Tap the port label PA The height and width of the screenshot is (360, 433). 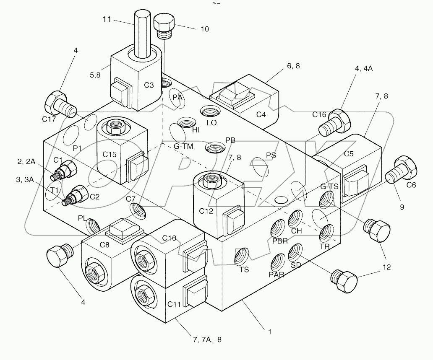[178, 97]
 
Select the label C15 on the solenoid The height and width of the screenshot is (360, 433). [110, 154]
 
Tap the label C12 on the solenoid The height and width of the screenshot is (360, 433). [206, 211]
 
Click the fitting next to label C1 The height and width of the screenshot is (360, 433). [66, 171]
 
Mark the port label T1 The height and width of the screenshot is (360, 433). [55, 190]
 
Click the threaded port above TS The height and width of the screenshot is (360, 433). [243, 256]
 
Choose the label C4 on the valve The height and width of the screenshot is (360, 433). [261, 114]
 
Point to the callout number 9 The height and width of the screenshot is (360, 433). [402, 206]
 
